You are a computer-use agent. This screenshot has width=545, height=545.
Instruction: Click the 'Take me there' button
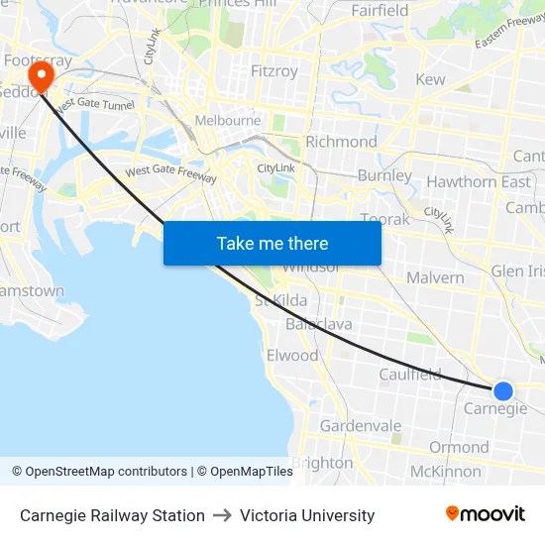[x=272, y=243]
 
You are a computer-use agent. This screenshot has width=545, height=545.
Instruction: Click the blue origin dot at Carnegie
[x=503, y=391]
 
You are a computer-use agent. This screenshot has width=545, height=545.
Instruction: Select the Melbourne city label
[x=228, y=121]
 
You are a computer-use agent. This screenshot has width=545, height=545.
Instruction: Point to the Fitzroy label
[x=274, y=71]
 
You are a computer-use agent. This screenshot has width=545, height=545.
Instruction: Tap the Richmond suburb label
[x=341, y=142]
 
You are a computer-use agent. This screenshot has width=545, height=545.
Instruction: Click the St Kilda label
[x=281, y=300]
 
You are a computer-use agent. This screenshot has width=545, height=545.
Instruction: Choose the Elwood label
[x=292, y=355]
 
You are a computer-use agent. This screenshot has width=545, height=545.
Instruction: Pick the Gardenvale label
[x=361, y=426]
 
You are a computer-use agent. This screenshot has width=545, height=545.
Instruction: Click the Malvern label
[x=434, y=277]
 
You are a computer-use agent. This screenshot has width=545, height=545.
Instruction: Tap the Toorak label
[x=384, y=219]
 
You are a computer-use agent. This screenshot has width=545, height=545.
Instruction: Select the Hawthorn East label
[x=479, y=181]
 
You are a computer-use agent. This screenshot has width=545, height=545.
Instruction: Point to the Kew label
[x=431, y=79]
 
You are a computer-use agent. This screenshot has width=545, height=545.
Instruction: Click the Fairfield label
[x=380, y=11]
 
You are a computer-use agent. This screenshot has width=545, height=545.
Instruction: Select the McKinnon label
[x=445, y=471]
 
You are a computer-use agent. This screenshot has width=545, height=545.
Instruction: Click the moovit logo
[x=486, y=514]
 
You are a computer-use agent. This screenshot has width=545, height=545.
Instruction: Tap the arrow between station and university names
[x=222, y=515]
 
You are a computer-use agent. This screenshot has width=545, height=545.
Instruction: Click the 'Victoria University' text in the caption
[x=307, y=515]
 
